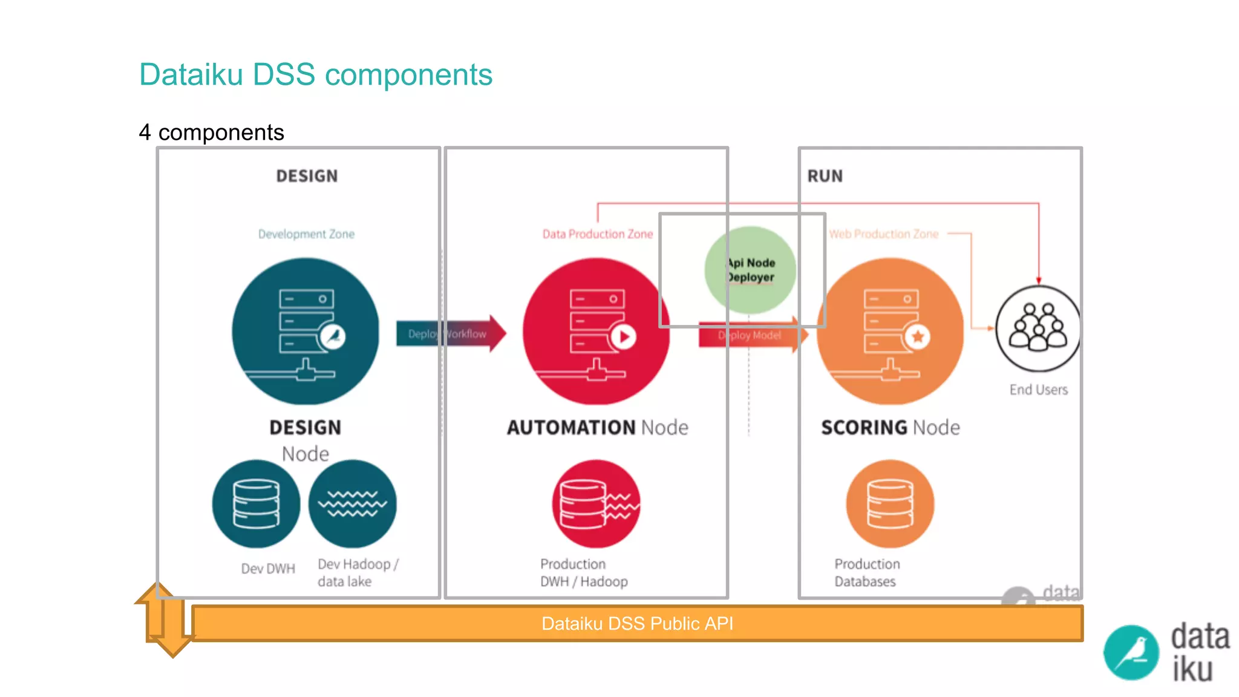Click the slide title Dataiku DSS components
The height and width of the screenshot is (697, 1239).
coord(315,74)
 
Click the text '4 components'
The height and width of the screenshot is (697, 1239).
coord(211,133)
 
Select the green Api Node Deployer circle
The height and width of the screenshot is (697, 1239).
coord(750,270)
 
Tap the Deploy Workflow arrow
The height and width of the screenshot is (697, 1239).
coord(450,333)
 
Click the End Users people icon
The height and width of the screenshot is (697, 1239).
coord(1038,329)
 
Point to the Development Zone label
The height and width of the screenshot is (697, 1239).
coord(306,234)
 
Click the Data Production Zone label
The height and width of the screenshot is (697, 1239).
coord(597,234)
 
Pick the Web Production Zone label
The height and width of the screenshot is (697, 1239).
coord(883,234)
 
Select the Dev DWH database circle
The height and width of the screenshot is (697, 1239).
coord(256,504)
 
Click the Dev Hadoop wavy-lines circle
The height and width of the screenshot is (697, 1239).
coord(353,504)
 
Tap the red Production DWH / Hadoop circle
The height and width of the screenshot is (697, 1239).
coord(596,504)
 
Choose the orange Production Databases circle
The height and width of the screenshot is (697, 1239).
coord(890,504)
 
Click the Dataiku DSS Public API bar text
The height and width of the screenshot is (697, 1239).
coord(637,624)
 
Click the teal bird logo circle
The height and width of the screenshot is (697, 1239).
coord(1131,653)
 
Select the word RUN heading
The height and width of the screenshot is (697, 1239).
coord(825,176)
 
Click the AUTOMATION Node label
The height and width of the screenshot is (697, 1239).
coord(597,428)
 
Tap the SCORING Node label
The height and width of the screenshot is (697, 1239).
coord(890,428)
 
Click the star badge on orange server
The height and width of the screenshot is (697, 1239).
coord(918,336)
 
